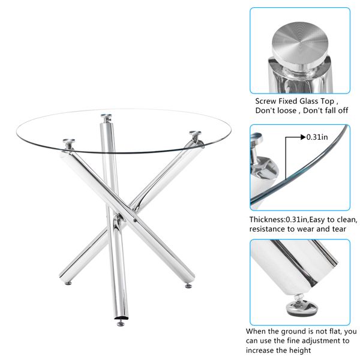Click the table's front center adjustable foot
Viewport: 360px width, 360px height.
tap(121, 324)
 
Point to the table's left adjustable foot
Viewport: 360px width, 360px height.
tap(68, 283)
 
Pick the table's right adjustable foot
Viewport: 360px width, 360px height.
tap(188, 286)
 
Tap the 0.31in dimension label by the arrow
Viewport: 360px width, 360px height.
tap(317, 137)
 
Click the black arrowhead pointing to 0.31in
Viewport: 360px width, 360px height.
tap(303, 137)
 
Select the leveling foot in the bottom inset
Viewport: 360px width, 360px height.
tap(301, 307)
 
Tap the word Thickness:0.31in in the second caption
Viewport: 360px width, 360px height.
tap(278, 220)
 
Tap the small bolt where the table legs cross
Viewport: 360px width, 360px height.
tap(136, 221)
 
